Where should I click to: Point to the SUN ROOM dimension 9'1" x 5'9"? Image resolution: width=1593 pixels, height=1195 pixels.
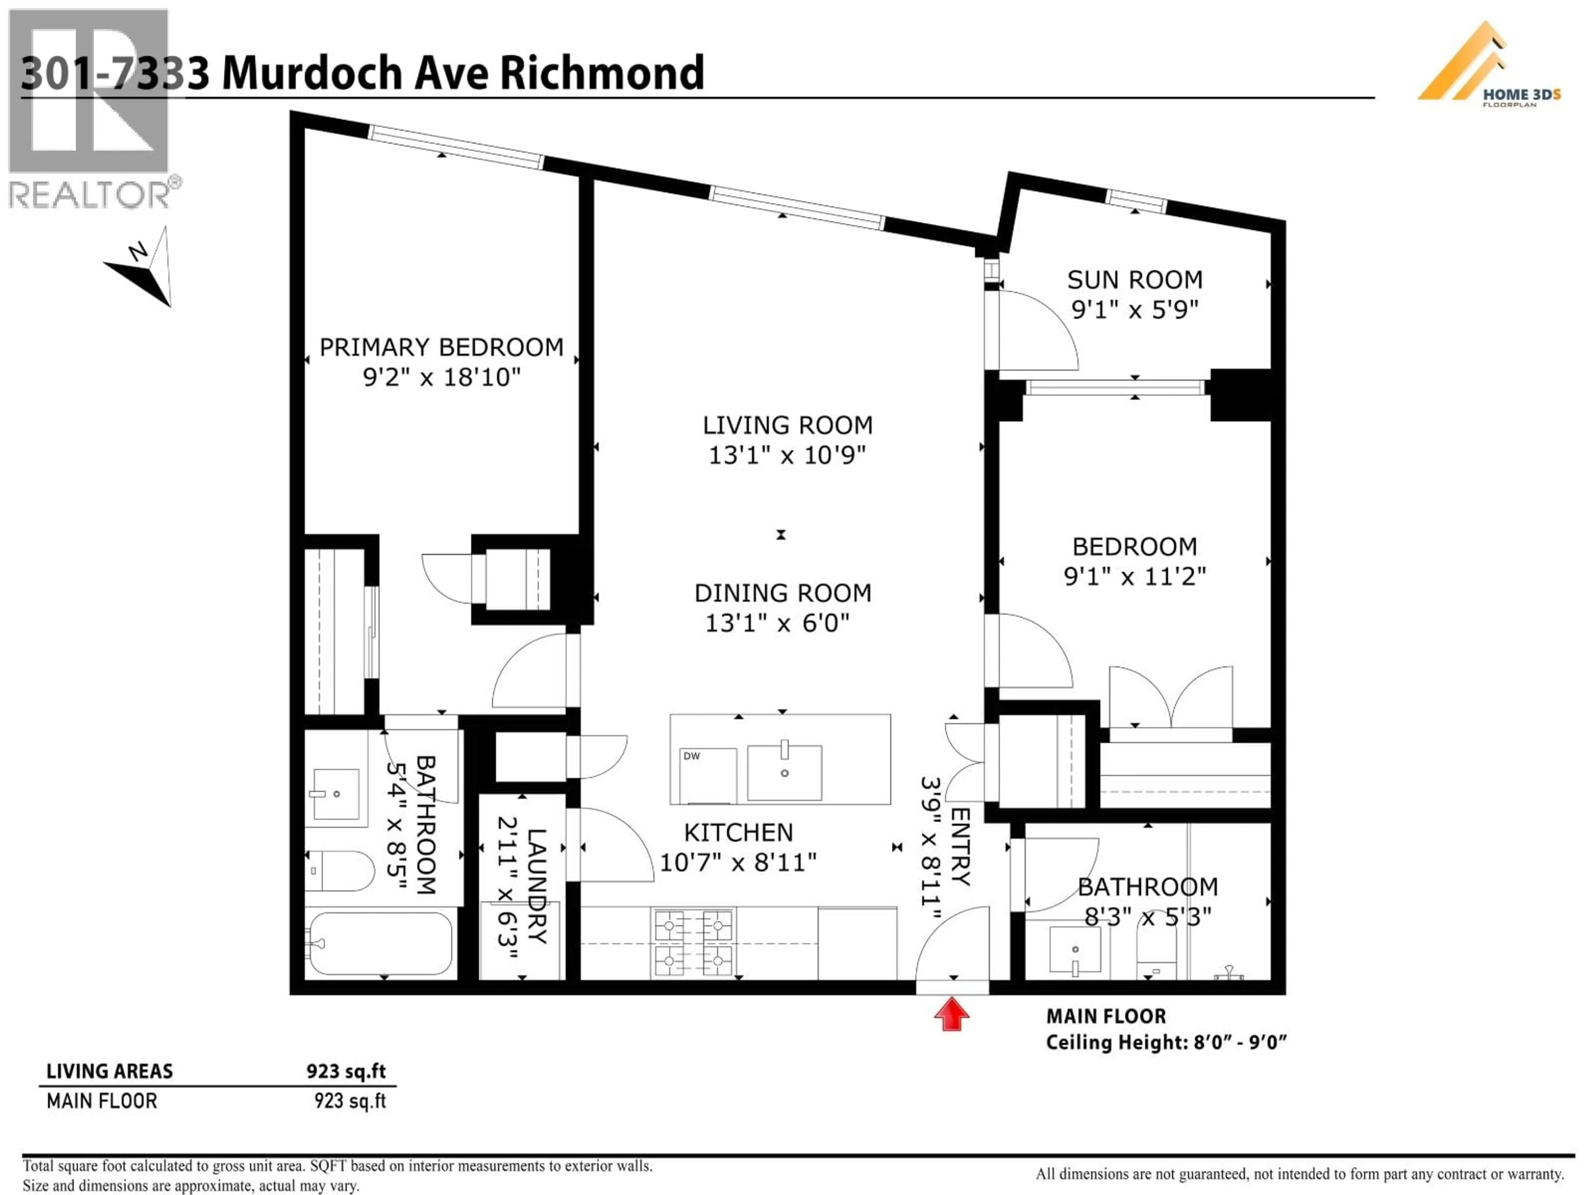click(x=1134, y=310)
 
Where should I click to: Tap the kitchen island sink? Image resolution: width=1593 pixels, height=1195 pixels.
click(x=784, y=772)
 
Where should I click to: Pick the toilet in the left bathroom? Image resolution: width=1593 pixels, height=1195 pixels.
click(x=339, y=871)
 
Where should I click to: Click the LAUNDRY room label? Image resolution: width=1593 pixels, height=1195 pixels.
click(x=536, y=886)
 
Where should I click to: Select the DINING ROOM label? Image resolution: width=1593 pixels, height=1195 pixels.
click(x=783, y=593)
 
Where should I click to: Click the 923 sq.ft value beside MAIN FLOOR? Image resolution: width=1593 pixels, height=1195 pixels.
click(x=350, y=1101)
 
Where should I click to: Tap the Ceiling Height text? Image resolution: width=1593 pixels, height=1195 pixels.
click(x=1165, y=1042)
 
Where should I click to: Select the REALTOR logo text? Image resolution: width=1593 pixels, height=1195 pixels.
click(x=90, y=195)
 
